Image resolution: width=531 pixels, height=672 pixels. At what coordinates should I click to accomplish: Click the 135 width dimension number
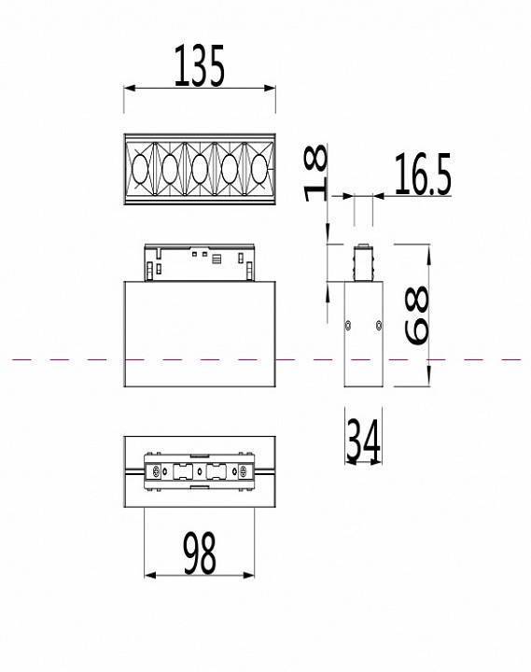coord(199,66)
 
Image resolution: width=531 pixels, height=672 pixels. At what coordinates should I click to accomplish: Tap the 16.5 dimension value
coord(423,175)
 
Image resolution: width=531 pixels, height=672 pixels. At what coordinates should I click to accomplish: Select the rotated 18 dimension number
coord(316,173)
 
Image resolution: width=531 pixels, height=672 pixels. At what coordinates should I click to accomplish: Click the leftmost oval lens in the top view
coord(141,170)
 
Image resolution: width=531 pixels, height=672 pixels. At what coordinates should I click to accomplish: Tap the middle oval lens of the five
coord(200,170)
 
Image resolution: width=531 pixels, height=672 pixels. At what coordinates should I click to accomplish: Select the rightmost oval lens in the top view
coord(259,170)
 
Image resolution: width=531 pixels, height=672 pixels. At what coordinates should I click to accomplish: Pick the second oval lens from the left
coord(170,170)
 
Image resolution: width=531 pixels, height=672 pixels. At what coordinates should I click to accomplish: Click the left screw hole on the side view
coord(347,326)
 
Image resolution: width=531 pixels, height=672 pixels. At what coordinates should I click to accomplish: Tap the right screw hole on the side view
coord(378,326)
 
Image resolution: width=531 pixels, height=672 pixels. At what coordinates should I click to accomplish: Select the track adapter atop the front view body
coord(200,261)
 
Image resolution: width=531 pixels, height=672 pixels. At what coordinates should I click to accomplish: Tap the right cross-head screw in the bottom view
coord(245,474)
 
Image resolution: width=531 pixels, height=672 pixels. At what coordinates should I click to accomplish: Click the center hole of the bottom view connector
coord(200,474)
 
